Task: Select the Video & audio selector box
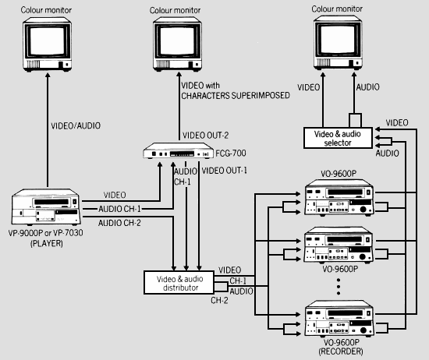pos(338,139)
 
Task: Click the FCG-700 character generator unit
pos(179,154)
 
